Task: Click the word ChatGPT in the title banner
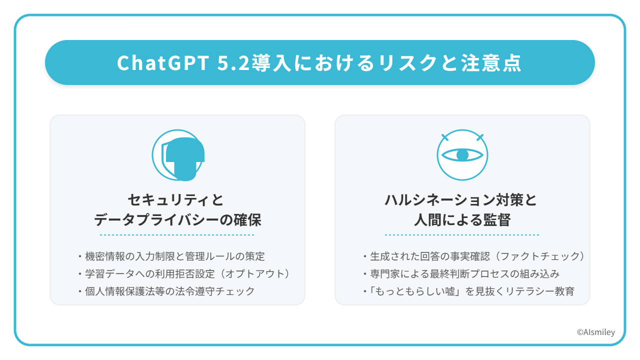point(163,63)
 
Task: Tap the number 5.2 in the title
point(233,63)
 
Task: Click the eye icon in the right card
point(462,155)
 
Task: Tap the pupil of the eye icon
point(462,155)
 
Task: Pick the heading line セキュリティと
point(175,199)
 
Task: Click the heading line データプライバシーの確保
point(177,220)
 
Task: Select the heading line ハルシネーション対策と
point(461,199)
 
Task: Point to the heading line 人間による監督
point(462,220)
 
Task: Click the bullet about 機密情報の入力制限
point(171,256)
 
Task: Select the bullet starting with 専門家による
point(461,273)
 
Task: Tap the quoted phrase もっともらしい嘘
point(415,291)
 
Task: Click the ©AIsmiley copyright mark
point(595,332)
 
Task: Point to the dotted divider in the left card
point(177,235)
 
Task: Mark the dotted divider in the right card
point(462,235)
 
